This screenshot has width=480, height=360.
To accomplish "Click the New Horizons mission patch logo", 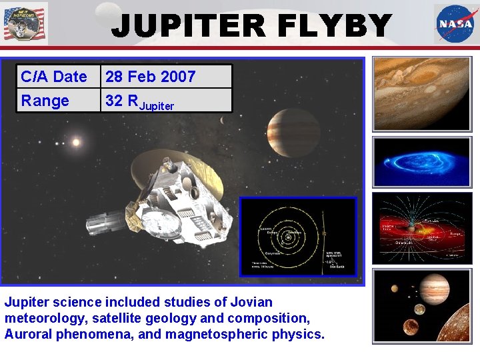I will click(24, 23).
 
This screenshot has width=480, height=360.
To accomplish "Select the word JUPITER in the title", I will click(179, 27).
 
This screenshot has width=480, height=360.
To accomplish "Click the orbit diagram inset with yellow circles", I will click(298, 237).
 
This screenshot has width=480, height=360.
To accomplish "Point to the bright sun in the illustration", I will click(76, 142).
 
